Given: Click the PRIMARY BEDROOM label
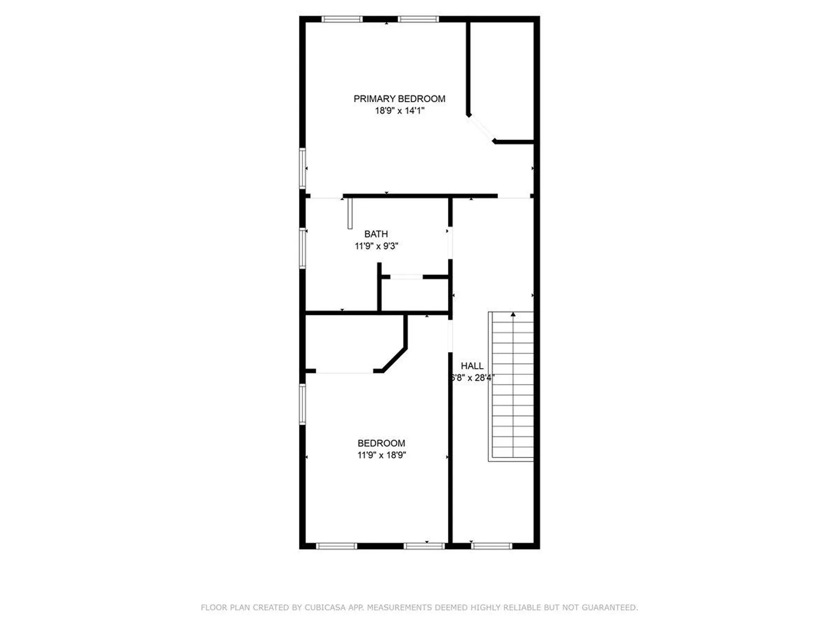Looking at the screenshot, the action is [x=399, y=99].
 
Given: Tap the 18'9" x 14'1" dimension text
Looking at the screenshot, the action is [x=399, y=111].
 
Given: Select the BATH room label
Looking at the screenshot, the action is [x=376, y=234].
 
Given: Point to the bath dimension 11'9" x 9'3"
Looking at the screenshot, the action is [x=376, y=246].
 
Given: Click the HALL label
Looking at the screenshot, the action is [x=472, y=366].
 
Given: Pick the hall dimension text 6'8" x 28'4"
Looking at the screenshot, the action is [x=472, y=378].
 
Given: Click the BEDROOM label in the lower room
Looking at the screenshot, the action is [x=381, y=443].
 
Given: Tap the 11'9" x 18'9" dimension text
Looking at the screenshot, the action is [x=381, y=455].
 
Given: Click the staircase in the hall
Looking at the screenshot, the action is [x=511, y=386].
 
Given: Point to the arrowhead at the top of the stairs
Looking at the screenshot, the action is [x=513, y=314].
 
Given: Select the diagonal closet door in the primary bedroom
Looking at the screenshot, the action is [x=481, y=128].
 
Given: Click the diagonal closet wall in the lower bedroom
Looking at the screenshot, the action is [x=394, y=360].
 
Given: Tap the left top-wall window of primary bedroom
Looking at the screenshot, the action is [x=342, y=19].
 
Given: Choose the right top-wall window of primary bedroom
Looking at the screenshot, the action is [x=418, y=19].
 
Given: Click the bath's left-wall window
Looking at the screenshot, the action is [x=302, y=248].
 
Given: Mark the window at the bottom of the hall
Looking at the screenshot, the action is [x=492, y=546].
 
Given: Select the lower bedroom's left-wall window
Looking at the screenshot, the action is [x=302, y=404].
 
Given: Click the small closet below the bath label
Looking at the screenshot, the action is [x=415, y=295].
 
